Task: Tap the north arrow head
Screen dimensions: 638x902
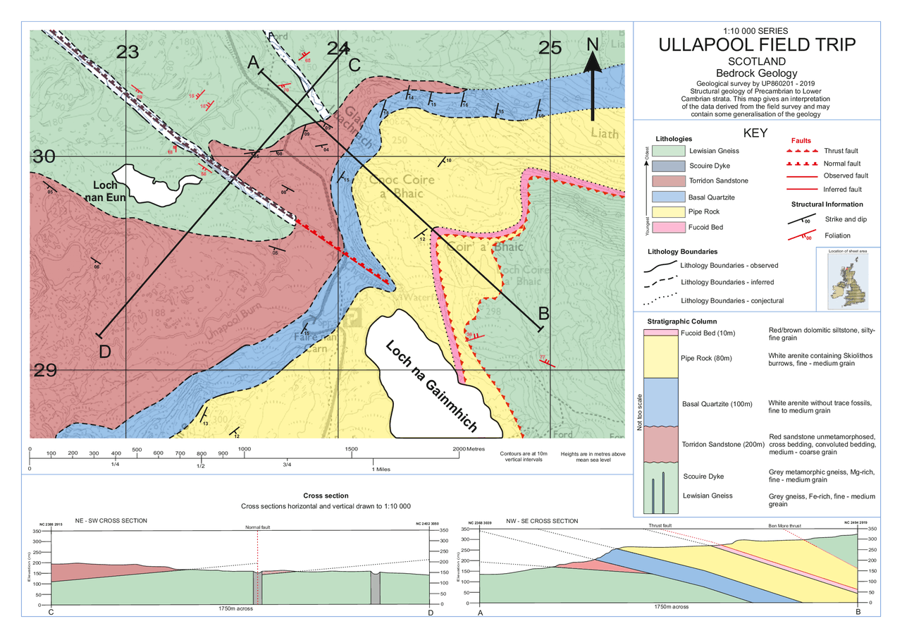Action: pyautogui.click(x=593, y=62)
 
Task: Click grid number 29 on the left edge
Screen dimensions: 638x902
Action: pyautogui.click(x=46, y=369)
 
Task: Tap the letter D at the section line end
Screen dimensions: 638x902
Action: pyautogui.click(x=104, y=351)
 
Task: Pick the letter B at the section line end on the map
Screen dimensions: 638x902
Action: pyautogui.click(x=544, y=312)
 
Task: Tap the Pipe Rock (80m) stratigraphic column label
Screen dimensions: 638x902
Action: pyautogui.click(x=707, y=358)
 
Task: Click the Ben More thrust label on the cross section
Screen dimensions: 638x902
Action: pyautogui.click(x=784, y=525)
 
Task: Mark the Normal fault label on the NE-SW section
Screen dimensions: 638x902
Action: pyautogui.click(x=257, y=527)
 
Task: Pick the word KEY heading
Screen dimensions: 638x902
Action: pyautogui.click(x=755, y=133)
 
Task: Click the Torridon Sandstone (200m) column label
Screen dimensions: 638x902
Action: pyautogui.click(x=723, y=444)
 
